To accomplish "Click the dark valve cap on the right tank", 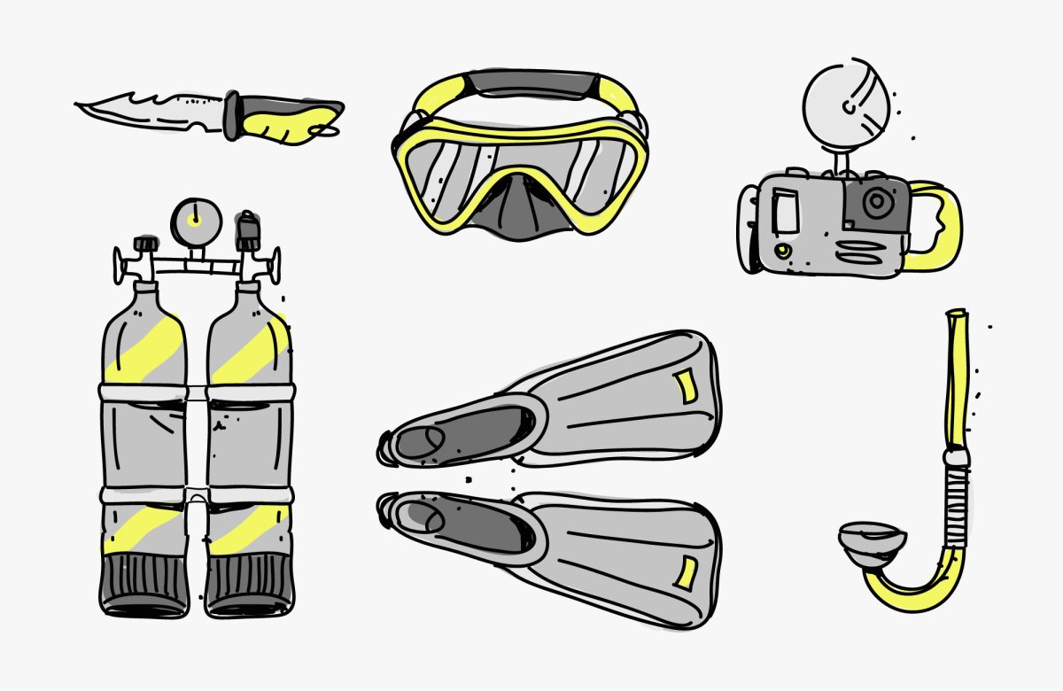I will tap(249, 232).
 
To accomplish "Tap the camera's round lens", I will tap(876, 203).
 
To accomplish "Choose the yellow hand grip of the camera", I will tap(938, 226).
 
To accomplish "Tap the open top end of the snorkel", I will tap(957, 314).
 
